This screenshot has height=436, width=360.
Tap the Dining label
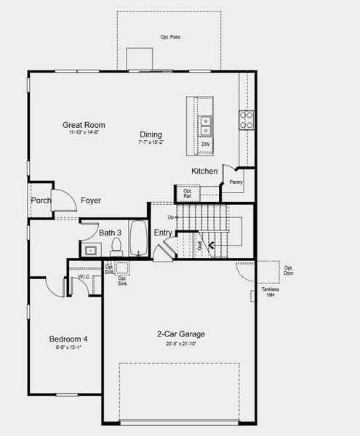[x=151, y=134]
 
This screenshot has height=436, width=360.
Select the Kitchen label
[x=204, y=171]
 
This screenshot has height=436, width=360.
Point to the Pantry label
[x=236, y=182]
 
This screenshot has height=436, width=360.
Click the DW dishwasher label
[x=206, y=144]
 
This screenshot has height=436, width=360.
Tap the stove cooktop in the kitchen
[x=247, y=120]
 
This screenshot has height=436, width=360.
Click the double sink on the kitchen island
[x=206, y=126]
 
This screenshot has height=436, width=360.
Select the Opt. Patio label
[x=169, y=36]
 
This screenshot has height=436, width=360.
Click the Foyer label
[x=91, y=201]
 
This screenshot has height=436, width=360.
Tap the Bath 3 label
[x=111, y=233]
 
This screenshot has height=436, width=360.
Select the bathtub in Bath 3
[x=139, y=239]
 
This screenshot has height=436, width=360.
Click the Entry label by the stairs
[x=163, y=233]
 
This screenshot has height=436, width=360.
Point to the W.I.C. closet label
[x=84, y=277]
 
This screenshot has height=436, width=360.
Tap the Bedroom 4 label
[x=68, y=339]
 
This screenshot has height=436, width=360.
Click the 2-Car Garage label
[x=181, y=334]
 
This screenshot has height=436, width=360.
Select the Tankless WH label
[x=271, y=292]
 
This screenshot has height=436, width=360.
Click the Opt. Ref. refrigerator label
[x=187, y=194]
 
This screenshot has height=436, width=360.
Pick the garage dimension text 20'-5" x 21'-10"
[x=181, y=344]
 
